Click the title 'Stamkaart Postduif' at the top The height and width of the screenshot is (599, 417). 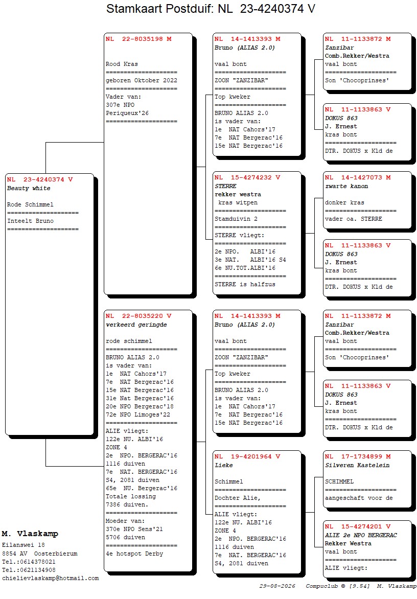pyautogui.click(x=157, y=9)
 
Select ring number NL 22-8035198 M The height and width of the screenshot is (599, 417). pyautogui.click(x=138, y=39)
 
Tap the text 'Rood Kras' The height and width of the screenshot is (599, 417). pyautogui.click(x=122, y=64)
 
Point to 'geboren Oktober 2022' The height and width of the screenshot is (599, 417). pyautogui.click(x=141, y=81)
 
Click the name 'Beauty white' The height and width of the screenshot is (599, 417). pyautogui.click(x=29, y=188)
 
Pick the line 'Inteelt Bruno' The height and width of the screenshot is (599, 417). pyautogui.click(x=30, y=221)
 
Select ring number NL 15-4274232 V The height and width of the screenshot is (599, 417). pyautogui.click(x=247, y=178)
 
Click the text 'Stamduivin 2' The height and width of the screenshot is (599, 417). pyautogui.click(x=236, y=219)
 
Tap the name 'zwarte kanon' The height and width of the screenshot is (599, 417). pyautogui.click(x=346, y=187)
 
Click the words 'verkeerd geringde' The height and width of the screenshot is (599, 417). pyautogui.click(x=136, y=325)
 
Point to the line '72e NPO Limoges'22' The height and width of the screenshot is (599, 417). pyautogui.click(x=138, y=415)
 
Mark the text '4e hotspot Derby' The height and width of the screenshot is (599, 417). pyautogui.click(x=134, y=554)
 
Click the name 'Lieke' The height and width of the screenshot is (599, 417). pyautogui.click(x=223, y=465)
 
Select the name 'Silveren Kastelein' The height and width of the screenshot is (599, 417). pyautogui.click(x=357, y=465)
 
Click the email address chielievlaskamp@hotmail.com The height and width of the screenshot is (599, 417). pyautogui.click(x=51, y=579)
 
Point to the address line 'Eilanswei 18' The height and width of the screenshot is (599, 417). pyautogui.click(x=24, y=545)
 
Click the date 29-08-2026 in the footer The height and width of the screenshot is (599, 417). pyautogui.click(x=277, y=586)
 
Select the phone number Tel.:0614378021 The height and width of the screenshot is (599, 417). pyautogui.click(x=29, y=562)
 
